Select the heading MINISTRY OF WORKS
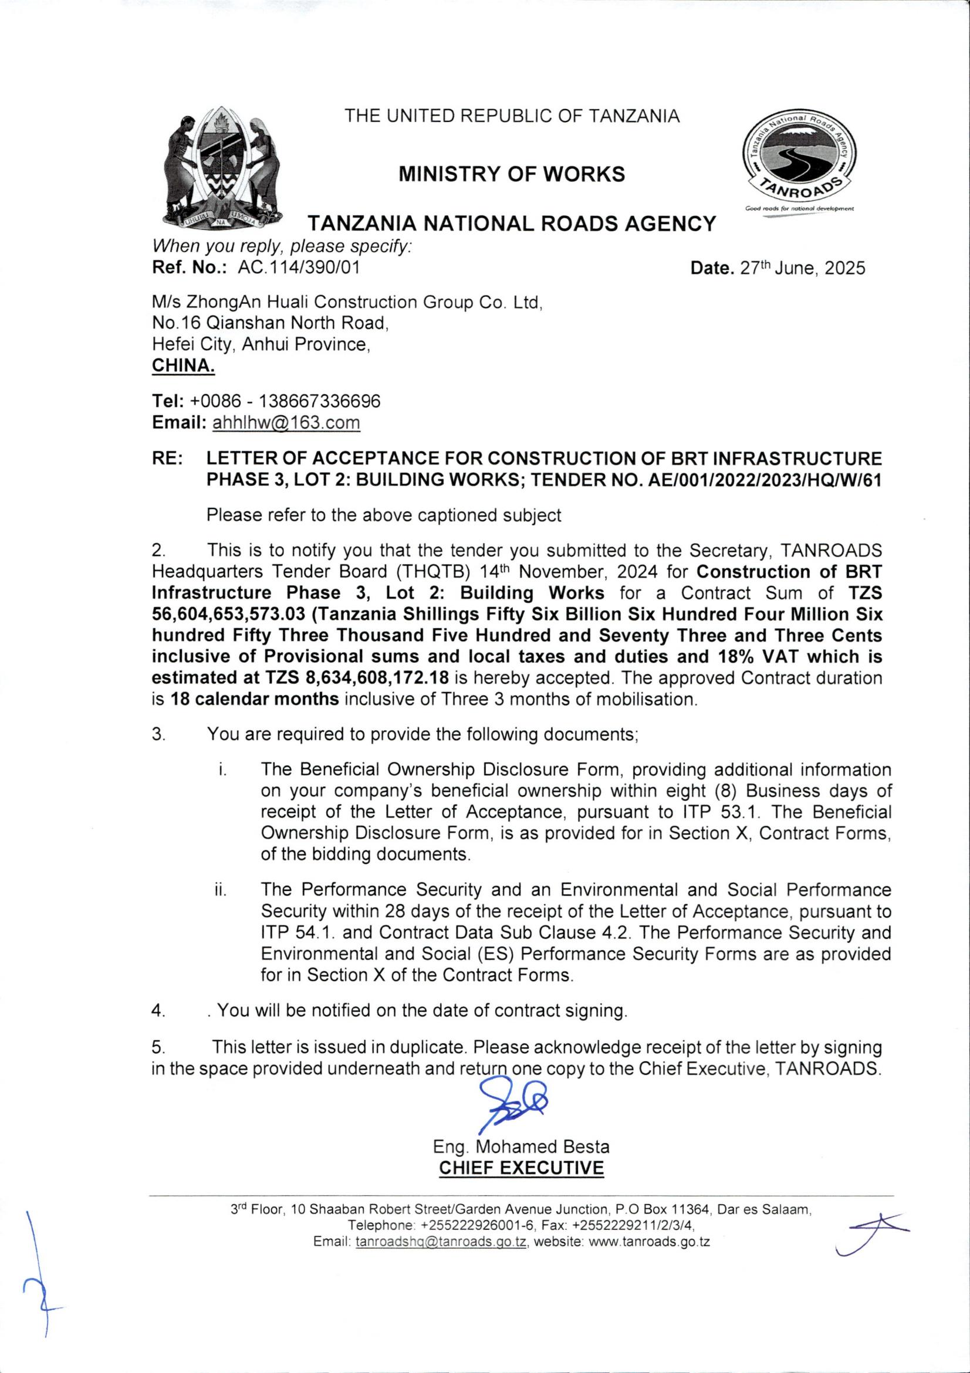pos(512,174)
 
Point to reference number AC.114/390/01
pos(299,267)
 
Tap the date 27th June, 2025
pos(802,268)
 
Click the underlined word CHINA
pos(183,365)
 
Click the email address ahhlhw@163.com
pos(286,423)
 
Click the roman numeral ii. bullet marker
pos(220,890)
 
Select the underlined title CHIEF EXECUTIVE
pos(521,1167)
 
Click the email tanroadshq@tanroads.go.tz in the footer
pos(441,1242)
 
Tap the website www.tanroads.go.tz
pos(648,1242)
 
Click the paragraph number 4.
pos(158,1011)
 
